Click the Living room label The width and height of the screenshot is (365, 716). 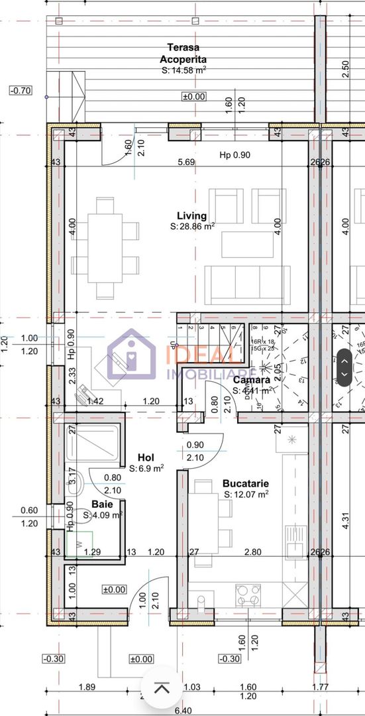click(x=191, y=215)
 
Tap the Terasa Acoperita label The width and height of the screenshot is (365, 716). click(x=183, y=53)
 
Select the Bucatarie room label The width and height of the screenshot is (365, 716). click(x=245, y=483)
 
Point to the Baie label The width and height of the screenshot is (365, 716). click(x=102, y=504)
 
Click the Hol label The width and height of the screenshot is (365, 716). click(x=146, y=457)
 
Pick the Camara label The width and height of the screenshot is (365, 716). click(x=251, y=380)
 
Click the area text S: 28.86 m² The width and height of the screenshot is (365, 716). click(x=192, y=226)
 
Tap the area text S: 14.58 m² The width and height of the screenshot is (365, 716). click(x=183, y=70)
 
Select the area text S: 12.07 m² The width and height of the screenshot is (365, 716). click(x=246, y=494)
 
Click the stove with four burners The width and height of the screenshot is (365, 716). click(x=248, y=595)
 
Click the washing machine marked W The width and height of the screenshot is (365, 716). click(x=79, y=544)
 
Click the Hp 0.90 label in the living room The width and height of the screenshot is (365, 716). click(x=236, y=155)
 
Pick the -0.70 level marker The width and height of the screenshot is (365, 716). click(x=21, y=91)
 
